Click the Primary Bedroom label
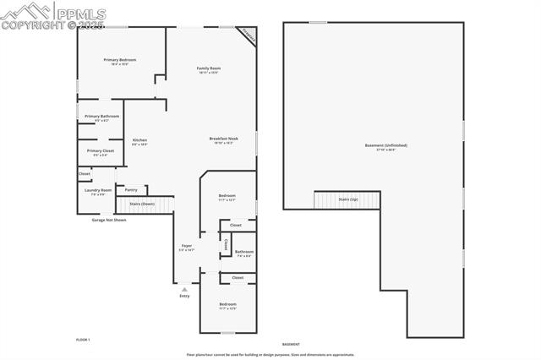pos(120,60)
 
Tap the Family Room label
pos(209,68)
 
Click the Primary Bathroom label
pos(101,116)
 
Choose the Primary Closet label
pos(100,150)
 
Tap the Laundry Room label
pos(98,190)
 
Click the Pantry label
pos(131,189)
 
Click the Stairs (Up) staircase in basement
pos(347,199)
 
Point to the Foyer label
pos(187,246)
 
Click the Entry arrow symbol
pos(184,289)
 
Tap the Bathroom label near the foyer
pos(244,251)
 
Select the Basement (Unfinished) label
pos(385,145)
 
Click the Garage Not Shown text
pos(109,220)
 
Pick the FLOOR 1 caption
pos(83,339)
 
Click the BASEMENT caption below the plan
pos(291,345)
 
